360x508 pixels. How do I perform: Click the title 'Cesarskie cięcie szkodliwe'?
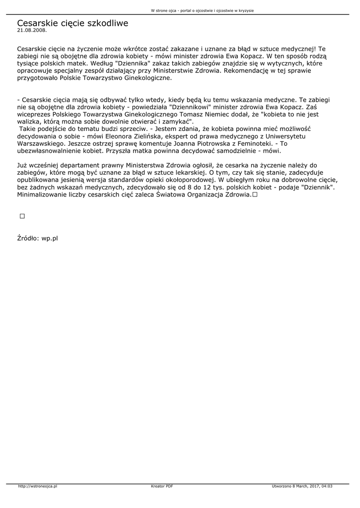pyautogui.click(x=72, y=23)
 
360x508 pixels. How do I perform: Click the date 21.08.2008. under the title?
pyautogui.click(x=32, y=30)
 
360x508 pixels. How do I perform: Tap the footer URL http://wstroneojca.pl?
pyautogui.click(x=38, y=486)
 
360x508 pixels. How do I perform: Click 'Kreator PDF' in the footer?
pyautogui.click(x=162, y=486)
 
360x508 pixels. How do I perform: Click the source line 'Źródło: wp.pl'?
pyautogui.click(x=38, y=238)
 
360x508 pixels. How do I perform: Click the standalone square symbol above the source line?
pyautogui.click(x=22, y=216)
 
